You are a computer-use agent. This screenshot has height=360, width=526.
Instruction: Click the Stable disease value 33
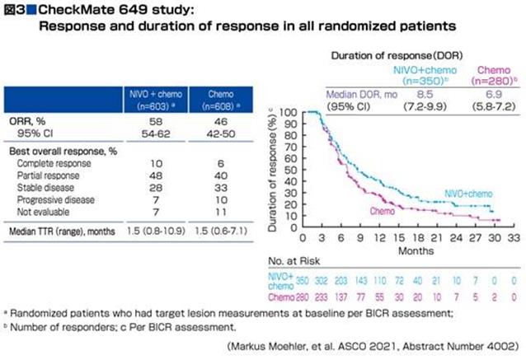[216, 187]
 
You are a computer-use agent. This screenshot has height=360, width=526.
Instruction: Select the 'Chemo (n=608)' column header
[216, 99]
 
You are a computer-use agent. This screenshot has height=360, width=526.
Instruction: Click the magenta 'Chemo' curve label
[382, 212]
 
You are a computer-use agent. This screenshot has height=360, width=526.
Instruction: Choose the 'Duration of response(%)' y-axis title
[273, 171]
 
